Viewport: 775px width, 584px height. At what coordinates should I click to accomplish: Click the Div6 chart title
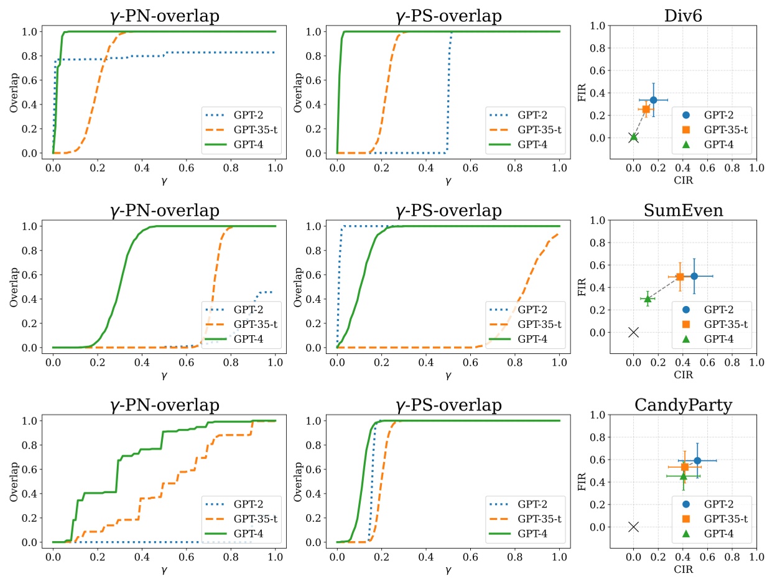pyautogui.click(x=682, y=15)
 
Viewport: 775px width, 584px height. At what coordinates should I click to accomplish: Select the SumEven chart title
pyautogui.click(x=682, y=210)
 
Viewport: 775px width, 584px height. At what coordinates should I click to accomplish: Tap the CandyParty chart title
pyautogui.click(x=682, y=405)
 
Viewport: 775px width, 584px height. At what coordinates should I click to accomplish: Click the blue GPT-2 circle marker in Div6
pyautogui.click(x=653, y=100)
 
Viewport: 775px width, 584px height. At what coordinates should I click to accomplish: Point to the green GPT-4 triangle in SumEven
pyautogui.click(x=647, y=299)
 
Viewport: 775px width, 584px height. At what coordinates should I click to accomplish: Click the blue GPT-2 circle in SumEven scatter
pyautogui.click(x=694, y=276)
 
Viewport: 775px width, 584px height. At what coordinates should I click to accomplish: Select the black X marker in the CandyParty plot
pyautogui.click(x=633, y=527)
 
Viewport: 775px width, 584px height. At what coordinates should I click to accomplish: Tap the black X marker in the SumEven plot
pyautogui.click(x=633, y=332)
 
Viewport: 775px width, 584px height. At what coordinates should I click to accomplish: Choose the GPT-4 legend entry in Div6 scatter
pyautogui.click(x=717, y=144)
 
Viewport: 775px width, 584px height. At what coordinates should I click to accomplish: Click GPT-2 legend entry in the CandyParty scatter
pyautogui.click(x=716, y=504)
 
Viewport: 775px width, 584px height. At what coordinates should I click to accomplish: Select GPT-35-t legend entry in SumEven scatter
pyautogui.click(x=725, y=324)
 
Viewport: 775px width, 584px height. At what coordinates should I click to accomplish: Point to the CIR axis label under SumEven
pyautogui.click(x=682, y=376)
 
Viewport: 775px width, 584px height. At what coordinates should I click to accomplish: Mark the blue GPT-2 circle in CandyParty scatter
pyautogui.click(x=697, y=460)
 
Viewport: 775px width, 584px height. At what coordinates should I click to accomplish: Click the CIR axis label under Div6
pyautogui.click(x=682, y=181)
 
